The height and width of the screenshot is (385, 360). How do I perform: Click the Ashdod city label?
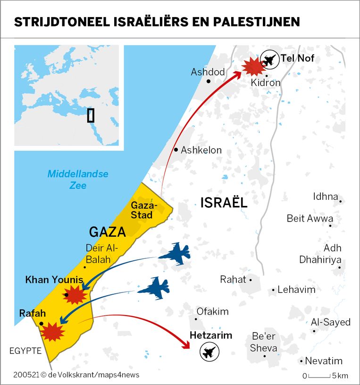[x=208, y=72]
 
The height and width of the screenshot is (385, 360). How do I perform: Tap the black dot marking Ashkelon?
[x=176, y=150]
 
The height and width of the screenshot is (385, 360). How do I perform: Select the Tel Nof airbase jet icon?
[x=269, y=60]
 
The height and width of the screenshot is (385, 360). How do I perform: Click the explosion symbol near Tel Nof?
[x=253, y=67]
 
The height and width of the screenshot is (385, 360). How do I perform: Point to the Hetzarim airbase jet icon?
[x=209, y=351]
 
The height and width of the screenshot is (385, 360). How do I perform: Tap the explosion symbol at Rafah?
[x=52, y=332]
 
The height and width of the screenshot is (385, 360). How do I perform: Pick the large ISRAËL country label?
[x=224, y=203]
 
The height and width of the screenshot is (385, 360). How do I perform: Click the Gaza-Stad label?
[x=142, y=210]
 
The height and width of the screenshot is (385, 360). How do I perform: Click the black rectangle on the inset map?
[x=91, y=115]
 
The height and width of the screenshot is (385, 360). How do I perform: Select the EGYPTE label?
[x=25, y=351]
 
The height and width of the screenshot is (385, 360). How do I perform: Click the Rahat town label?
[x=234, y=280]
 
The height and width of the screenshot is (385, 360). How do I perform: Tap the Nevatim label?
[x=324, y=361]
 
